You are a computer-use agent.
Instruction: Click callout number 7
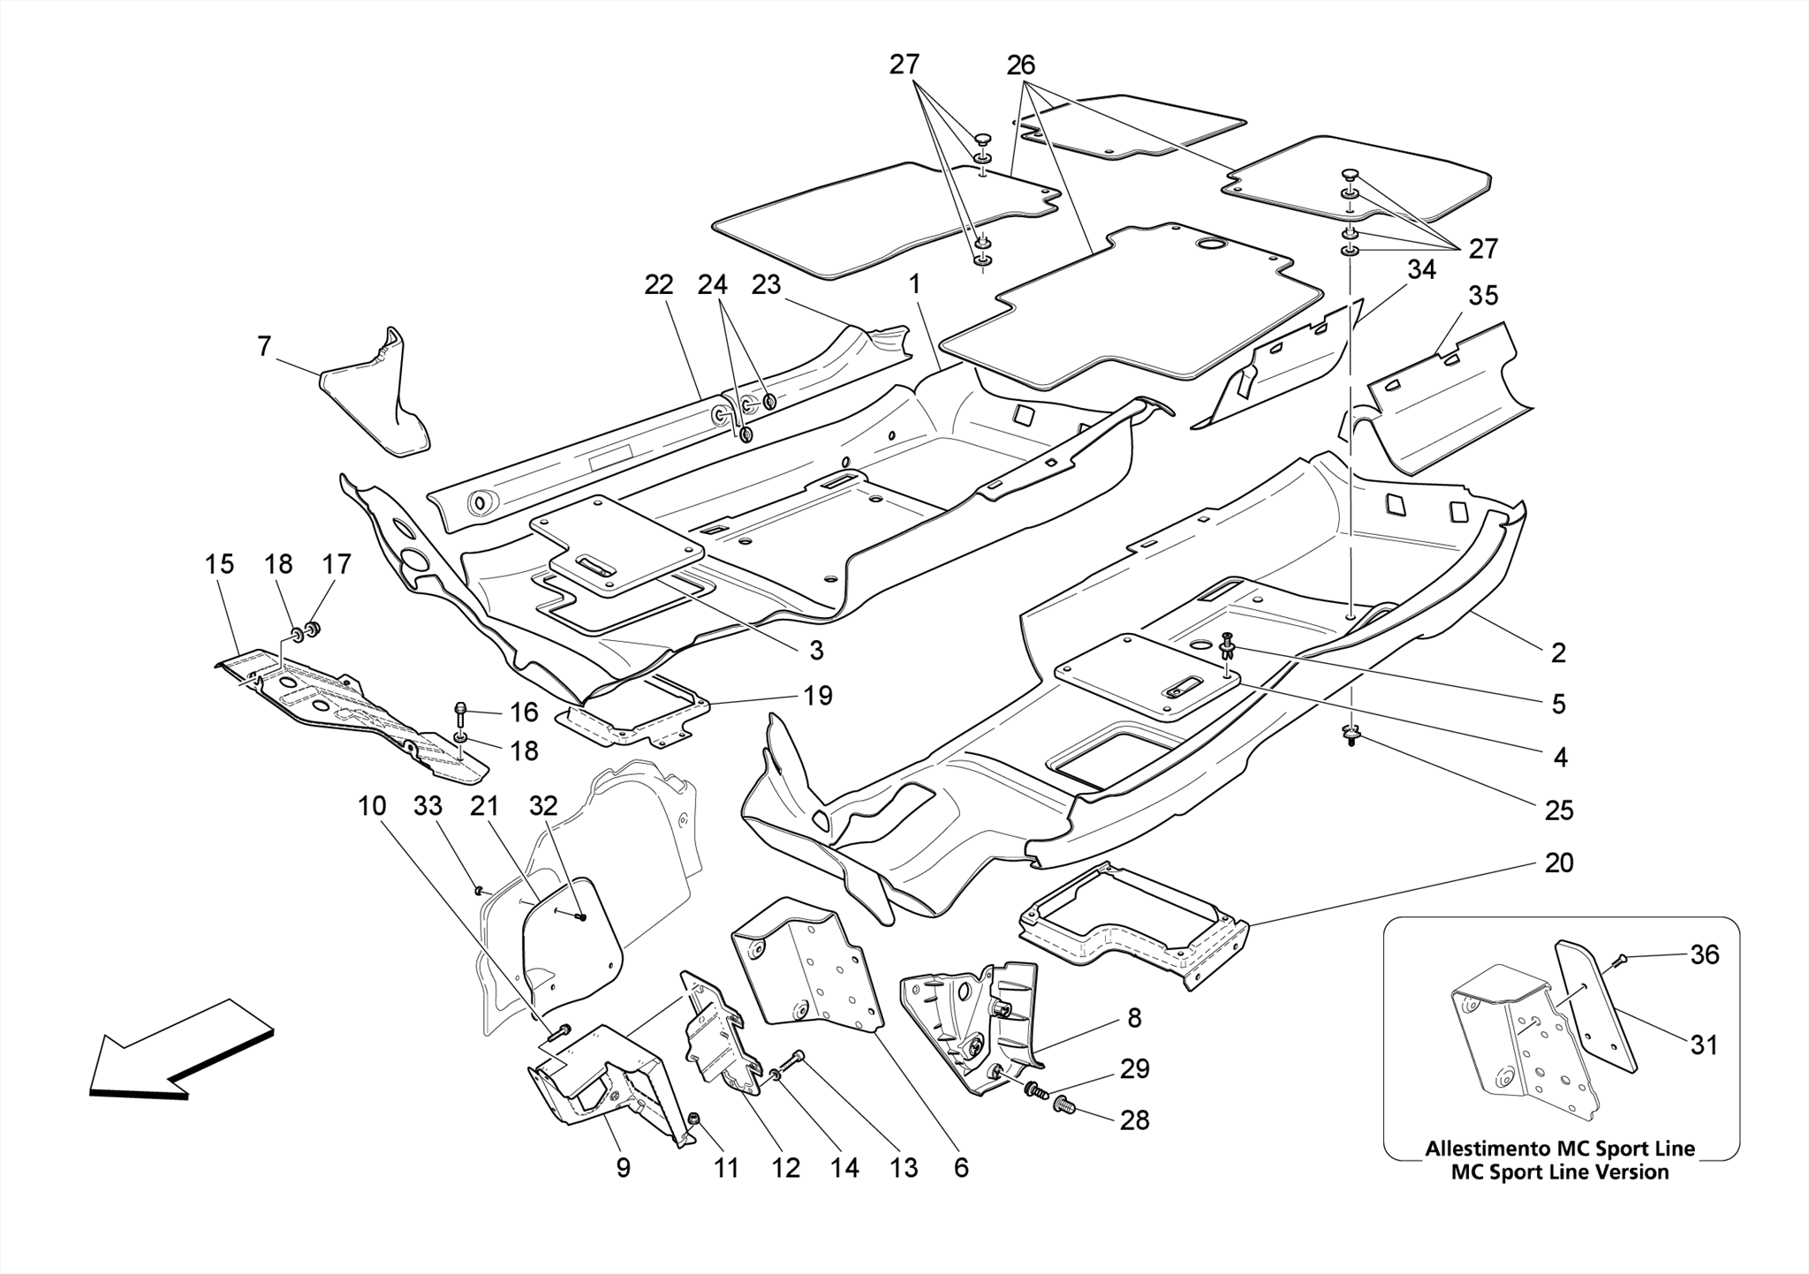pyautogui.click(x=264, y=347)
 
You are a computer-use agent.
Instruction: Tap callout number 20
pyautogui.click(x=1558, y=863)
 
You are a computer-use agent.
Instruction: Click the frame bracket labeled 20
pyautogui.click(x=1131, y=936)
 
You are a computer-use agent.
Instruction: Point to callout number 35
pyautogui.click(x=1483, y=296)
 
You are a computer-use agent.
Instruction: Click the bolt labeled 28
pyautogui.click(x=1064, y=1103)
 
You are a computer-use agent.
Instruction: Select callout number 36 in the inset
pyautogui.click(x=1704, y=954)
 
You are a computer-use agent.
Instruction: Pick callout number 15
pyautogui.click(x=220, y=564)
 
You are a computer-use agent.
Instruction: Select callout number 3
pyautogui.click(x=816, y=651)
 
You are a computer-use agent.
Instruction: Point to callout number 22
pyautogui.click(x=659, y=284)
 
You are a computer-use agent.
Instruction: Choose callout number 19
pyautogui.click(x=818, y=696)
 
